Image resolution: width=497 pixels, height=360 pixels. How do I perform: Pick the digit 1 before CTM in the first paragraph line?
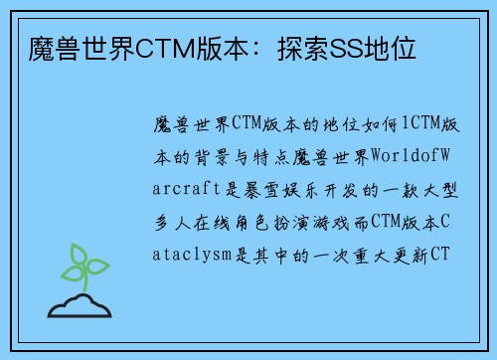click(x=406, y=123)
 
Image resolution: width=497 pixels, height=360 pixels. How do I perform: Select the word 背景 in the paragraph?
click(x=210, y=156)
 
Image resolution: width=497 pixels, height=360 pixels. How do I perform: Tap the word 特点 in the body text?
click(x=280, y=156)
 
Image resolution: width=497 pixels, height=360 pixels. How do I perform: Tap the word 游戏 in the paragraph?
click(x=344, y=222)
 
